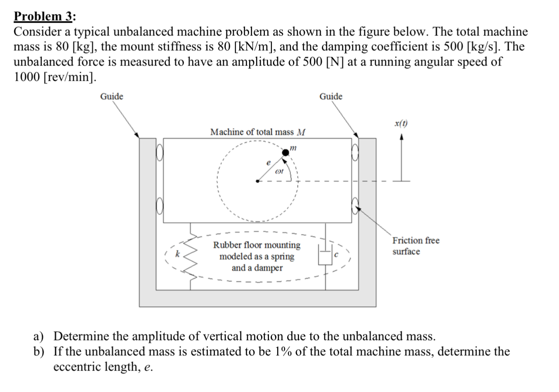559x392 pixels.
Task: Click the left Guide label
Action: [112, 96]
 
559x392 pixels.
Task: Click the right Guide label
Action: [331, 96]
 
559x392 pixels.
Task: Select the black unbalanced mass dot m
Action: [285, 153]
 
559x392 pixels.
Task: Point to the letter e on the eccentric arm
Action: [269, 163]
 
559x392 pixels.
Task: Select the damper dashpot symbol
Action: [325, 256]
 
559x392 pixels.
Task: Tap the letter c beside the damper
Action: [336, 255]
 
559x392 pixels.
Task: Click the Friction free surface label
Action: [415, 246]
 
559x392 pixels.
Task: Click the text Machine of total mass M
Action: [258, 132]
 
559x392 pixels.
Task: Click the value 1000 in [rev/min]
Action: [26, 77]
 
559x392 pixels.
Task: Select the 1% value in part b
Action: [281, 352]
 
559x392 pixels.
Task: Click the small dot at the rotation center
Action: [257, 181]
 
